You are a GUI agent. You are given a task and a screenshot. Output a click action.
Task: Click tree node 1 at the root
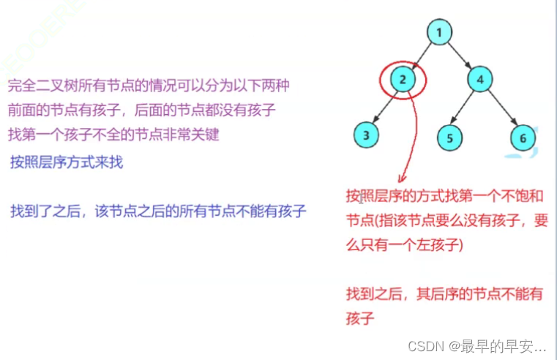(438, 32)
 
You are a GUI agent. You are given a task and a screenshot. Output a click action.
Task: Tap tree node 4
(479, 79)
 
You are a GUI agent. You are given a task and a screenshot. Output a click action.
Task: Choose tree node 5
(450, 137)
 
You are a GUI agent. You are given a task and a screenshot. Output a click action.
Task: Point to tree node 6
(523, 137)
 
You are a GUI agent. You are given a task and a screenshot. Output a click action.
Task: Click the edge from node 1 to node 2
(422, 55)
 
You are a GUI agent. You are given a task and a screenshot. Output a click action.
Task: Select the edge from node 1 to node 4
(459, 55)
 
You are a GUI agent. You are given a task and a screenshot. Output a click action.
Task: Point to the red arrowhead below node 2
(401, 178)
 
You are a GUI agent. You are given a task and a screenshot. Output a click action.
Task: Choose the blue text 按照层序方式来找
(67, 162)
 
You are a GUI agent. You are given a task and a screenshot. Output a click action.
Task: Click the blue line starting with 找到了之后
(158, 211)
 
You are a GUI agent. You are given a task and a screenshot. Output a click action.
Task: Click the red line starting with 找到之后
(444, 294)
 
